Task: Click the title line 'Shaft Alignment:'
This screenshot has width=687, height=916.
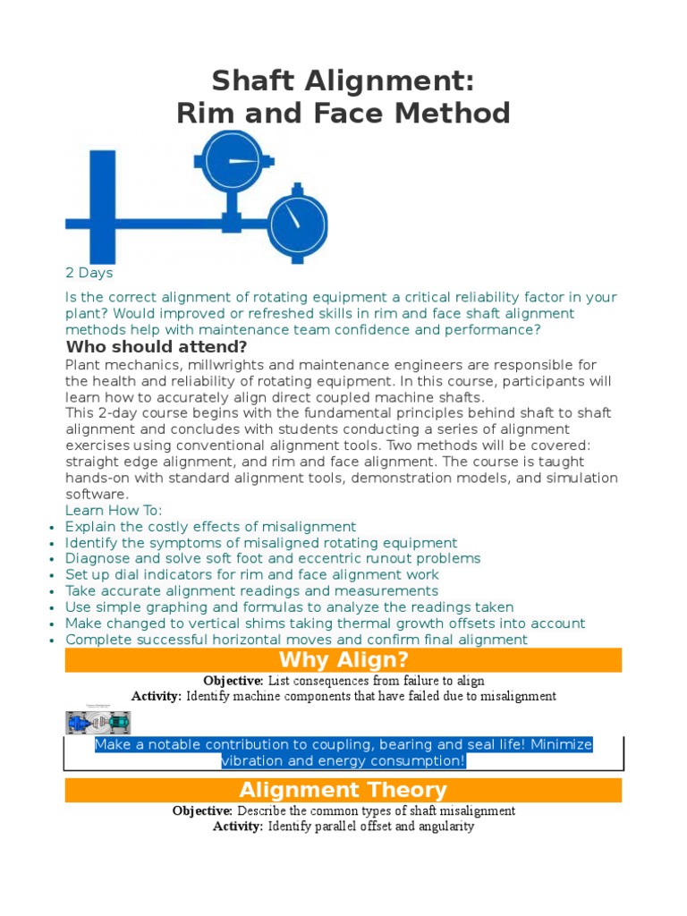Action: [343, 82]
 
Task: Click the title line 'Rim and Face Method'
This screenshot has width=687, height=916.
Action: [343, 114]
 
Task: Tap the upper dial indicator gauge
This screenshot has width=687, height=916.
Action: [232, 161]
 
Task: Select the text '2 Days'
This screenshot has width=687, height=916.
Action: [89, 273]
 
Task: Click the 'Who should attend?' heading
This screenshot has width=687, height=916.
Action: [157, 347]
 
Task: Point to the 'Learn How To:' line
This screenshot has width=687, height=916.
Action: [114, 511]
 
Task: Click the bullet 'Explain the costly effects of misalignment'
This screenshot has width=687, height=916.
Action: [210, 527]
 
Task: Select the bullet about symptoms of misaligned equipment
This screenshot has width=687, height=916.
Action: [261, 543]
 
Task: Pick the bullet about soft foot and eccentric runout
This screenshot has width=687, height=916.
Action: [273, 559]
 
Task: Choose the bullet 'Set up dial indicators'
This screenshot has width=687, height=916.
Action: [252, 575]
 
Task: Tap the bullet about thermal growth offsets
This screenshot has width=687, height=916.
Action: [325, 623]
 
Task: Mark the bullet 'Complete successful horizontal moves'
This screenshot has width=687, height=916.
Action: [296, 640]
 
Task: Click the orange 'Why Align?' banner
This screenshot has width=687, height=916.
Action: [343, 661]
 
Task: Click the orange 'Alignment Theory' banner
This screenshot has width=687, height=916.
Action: [343, 790]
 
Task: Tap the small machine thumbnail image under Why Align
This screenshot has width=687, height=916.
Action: [98, 721]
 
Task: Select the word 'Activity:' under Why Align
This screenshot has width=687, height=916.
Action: [157, 696]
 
